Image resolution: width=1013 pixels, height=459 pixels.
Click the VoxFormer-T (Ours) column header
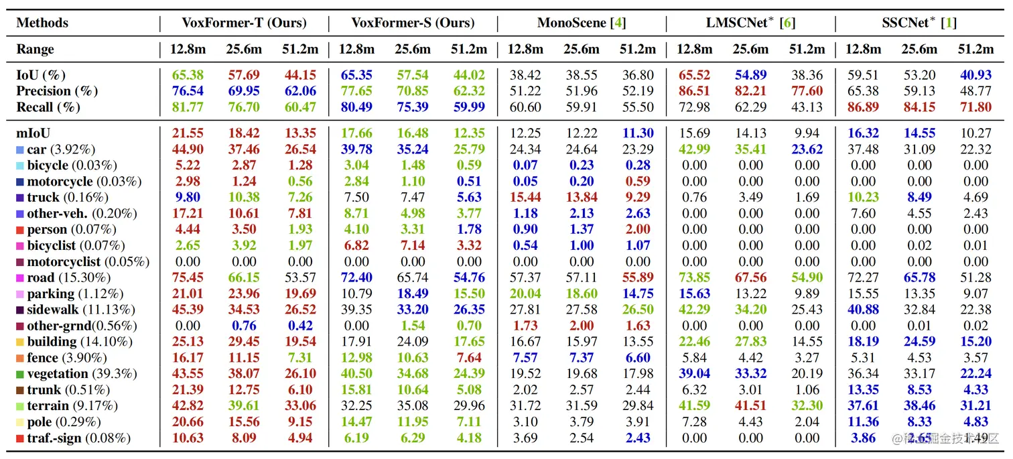(244, 23)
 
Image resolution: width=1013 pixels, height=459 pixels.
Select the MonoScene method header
(582, 23)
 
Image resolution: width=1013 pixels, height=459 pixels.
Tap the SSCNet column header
(919, 23)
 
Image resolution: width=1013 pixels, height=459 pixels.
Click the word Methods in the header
(42, 23)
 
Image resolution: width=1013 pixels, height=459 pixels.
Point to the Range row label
(36, 50)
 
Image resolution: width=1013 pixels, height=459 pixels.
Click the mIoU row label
(33, 133)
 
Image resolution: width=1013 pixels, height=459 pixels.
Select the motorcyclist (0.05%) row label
(88, 261)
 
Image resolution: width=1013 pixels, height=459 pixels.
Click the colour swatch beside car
(20, 149)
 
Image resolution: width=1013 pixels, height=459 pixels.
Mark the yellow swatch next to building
(20, 342)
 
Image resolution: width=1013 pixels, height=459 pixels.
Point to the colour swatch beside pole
(20, 422)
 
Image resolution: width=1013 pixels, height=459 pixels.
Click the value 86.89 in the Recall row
(863, 107)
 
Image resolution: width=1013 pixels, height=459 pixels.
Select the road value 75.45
(188, 277)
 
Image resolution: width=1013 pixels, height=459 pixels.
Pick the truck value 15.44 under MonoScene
(525, 198)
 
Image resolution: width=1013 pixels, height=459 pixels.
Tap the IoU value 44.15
(300, 75)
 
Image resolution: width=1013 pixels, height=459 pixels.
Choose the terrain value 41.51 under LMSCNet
(750, 406)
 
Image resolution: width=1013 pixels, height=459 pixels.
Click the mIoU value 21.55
(188, 133)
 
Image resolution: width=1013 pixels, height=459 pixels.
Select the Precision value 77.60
(807, 91)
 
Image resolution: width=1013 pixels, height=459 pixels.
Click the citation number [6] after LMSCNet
(789, 23)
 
